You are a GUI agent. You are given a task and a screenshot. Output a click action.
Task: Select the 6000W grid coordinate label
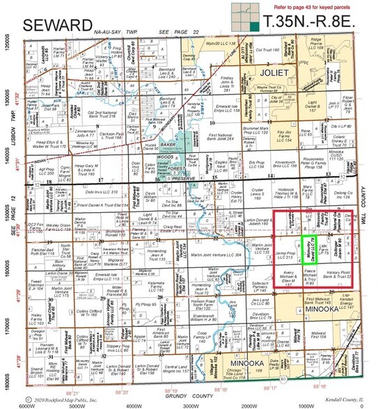25,403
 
